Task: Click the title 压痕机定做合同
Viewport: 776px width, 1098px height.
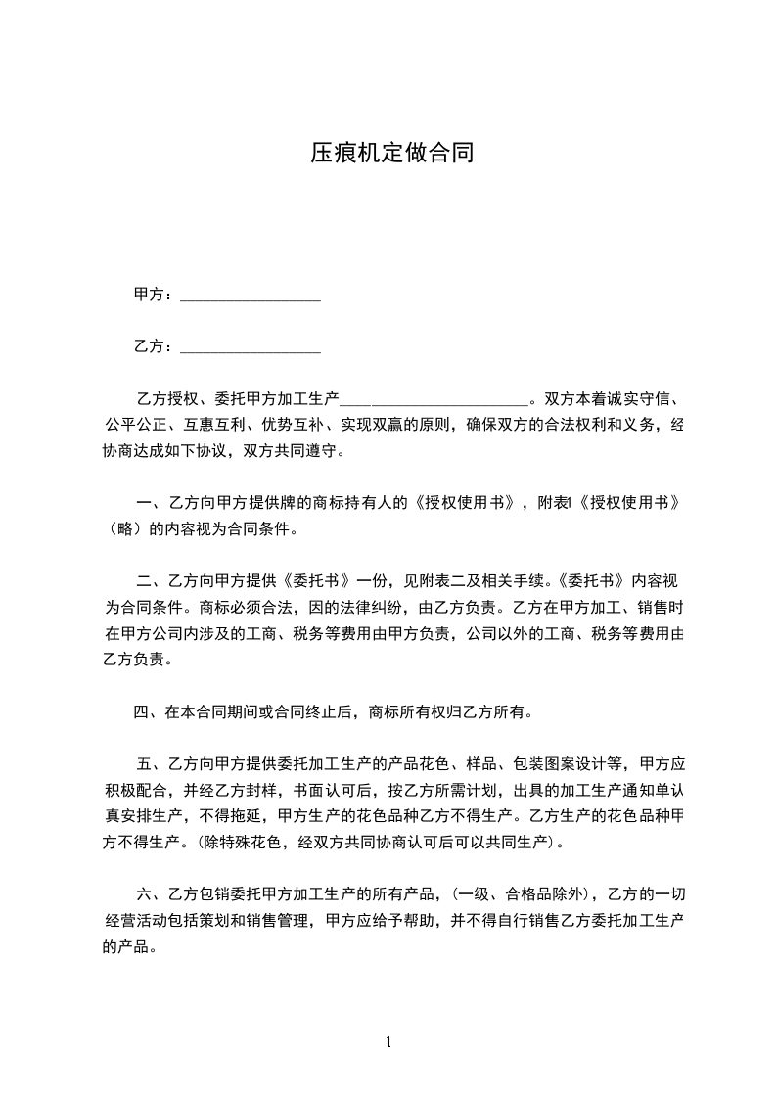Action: tap(392, 153)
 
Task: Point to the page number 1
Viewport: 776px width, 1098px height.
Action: tap(388, 1042)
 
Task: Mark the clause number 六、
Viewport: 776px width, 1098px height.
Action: tap(151, 893)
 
